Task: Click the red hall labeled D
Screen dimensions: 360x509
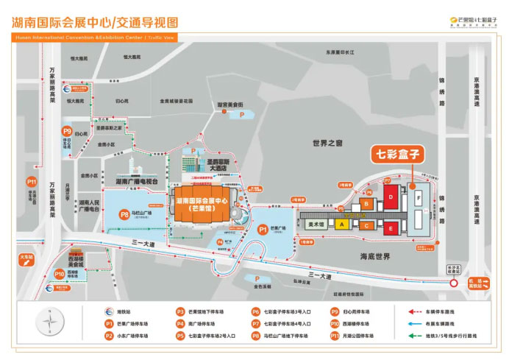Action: pos(392,198)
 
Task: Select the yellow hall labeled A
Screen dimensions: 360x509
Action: pos(341,225)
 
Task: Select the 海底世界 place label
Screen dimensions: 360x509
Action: pos(374,255)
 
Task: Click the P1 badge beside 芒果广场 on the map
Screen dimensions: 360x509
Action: pos(263,229)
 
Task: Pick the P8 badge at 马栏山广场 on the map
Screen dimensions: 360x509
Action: pos(124,214)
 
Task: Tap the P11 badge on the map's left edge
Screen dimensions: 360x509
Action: pos(31,180)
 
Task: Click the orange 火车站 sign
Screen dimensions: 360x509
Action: pos(26,261)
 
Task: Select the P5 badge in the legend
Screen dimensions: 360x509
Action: pos(181,336)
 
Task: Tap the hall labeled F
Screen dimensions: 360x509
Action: pos(419,199)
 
